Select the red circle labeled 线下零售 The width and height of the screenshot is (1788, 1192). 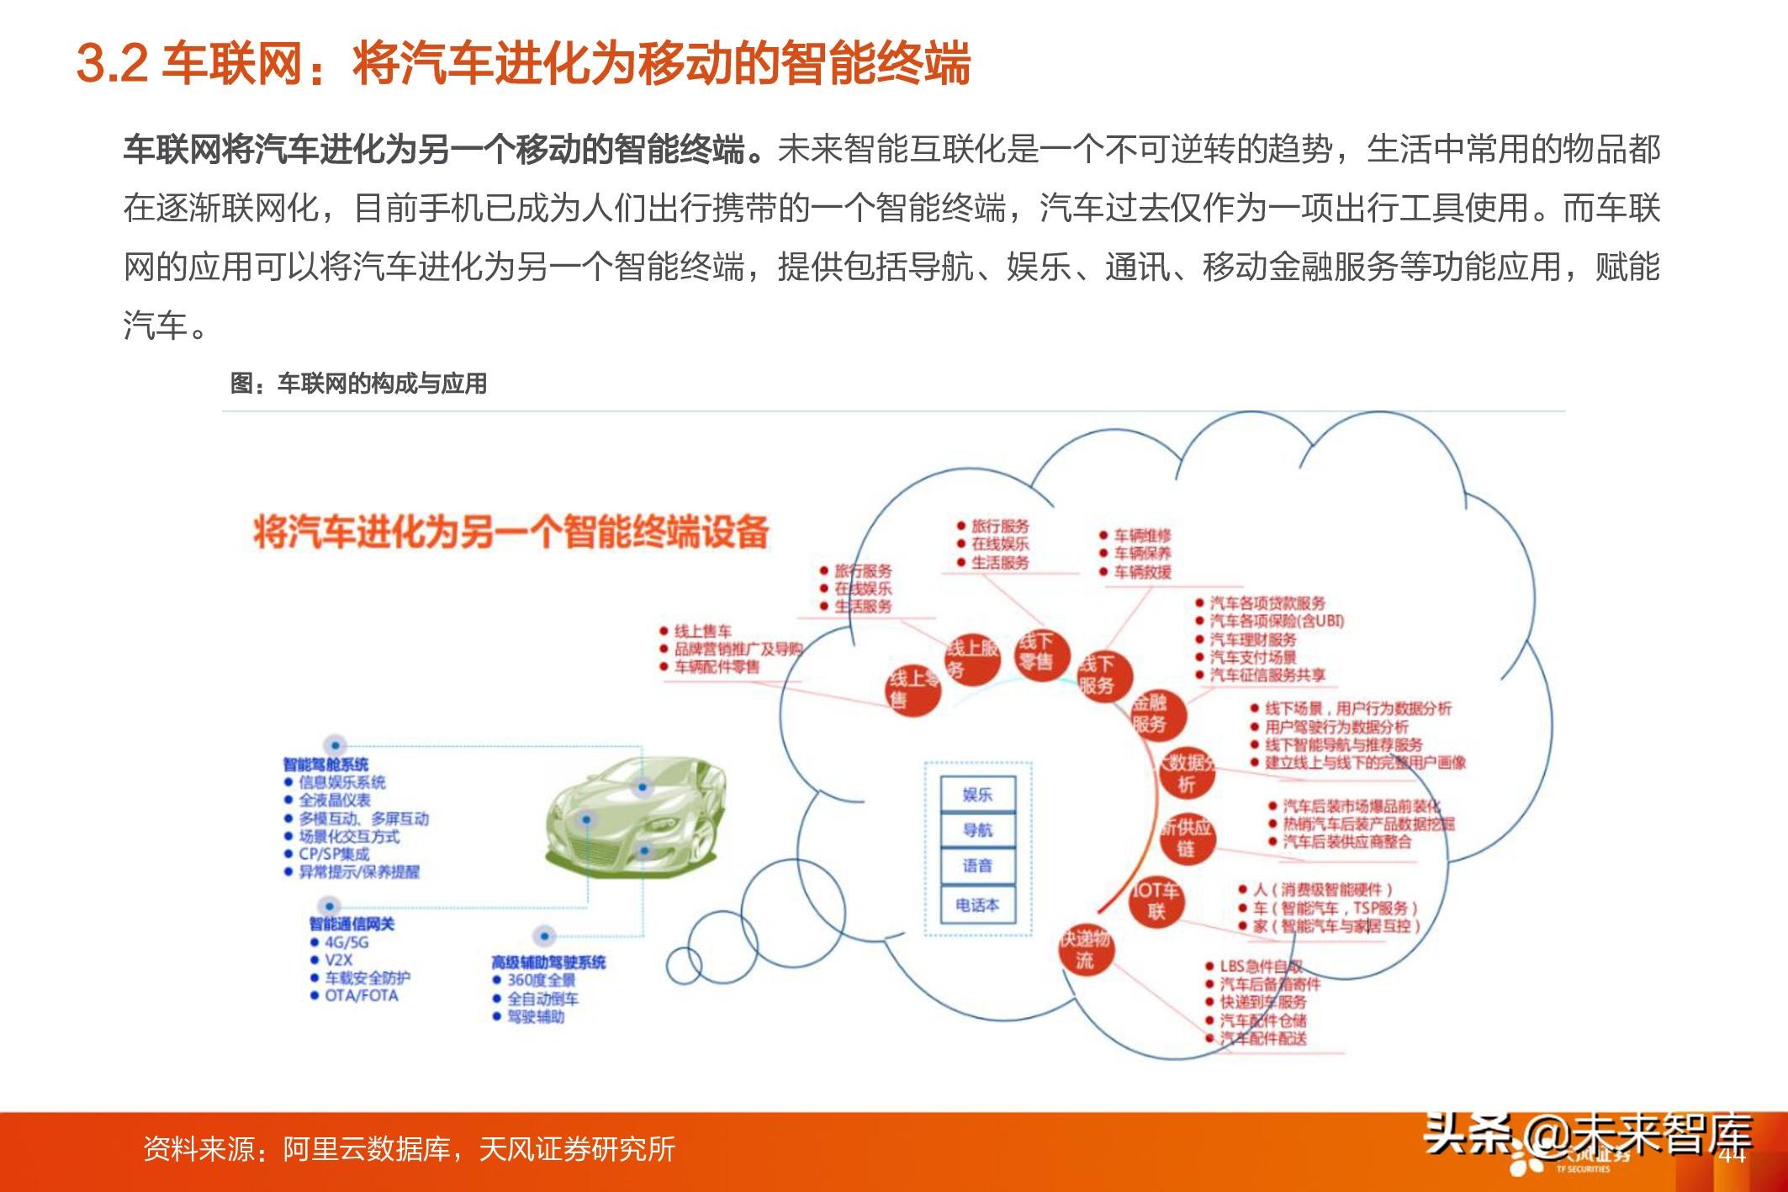1040,653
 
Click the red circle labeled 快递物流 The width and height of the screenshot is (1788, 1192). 1085,949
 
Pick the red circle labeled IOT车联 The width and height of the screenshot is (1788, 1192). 1156,901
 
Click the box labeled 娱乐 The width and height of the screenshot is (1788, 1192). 977,795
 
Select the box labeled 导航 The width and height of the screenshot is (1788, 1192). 977,830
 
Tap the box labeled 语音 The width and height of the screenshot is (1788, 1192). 977,866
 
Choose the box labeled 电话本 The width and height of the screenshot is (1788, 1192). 977,905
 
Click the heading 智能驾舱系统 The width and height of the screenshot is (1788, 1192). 325,764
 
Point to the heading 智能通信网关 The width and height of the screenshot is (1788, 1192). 352,924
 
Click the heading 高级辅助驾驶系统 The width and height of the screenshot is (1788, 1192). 548,962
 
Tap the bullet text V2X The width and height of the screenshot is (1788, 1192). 338,960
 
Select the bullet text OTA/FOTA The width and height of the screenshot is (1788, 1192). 362,996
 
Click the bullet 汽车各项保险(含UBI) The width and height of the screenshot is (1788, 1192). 1277,621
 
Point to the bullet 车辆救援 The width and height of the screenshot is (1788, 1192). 1142,572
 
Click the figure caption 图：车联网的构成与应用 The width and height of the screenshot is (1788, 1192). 359,384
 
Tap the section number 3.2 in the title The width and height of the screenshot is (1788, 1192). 112,64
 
